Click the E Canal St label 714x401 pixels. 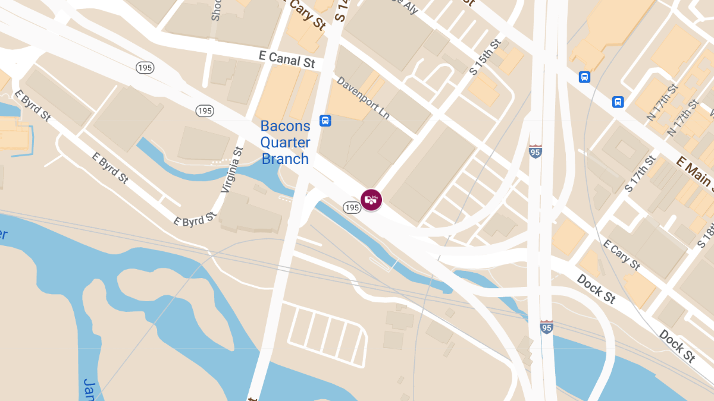(287, 59)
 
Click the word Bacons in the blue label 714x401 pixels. (286, 126)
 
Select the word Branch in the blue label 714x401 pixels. (286, 159)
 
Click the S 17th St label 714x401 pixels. (640, 173)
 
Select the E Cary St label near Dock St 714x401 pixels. (621, 254)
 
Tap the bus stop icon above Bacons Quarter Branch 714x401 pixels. (325, 121)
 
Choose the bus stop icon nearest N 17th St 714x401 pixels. (618, 102)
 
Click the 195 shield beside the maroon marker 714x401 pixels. (352, 207)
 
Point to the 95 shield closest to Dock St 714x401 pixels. (546, 327)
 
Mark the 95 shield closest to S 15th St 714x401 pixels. (535, 151)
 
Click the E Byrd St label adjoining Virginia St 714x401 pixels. (195, 220)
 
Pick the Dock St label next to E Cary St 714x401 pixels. (596, 288)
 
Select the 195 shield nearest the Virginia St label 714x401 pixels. (205, 110)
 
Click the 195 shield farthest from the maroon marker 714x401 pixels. (145, 67)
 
